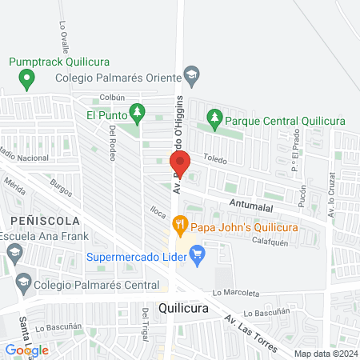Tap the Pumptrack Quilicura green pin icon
click(27, 78)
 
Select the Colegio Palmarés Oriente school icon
click(191, 77)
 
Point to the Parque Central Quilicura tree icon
click(214, 120)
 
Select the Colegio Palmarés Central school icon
click(23, 282)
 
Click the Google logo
click(27, 350)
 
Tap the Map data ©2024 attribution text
click(326, 353)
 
